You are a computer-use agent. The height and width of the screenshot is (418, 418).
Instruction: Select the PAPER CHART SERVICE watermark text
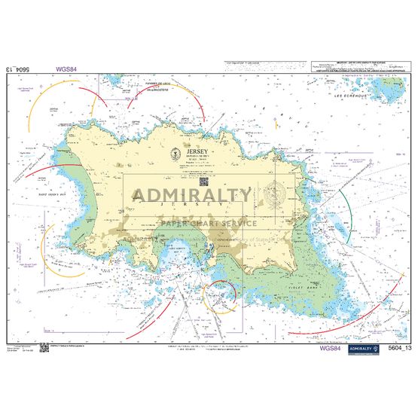[207, 223]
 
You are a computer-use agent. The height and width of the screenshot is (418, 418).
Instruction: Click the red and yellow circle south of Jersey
[221, 296]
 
